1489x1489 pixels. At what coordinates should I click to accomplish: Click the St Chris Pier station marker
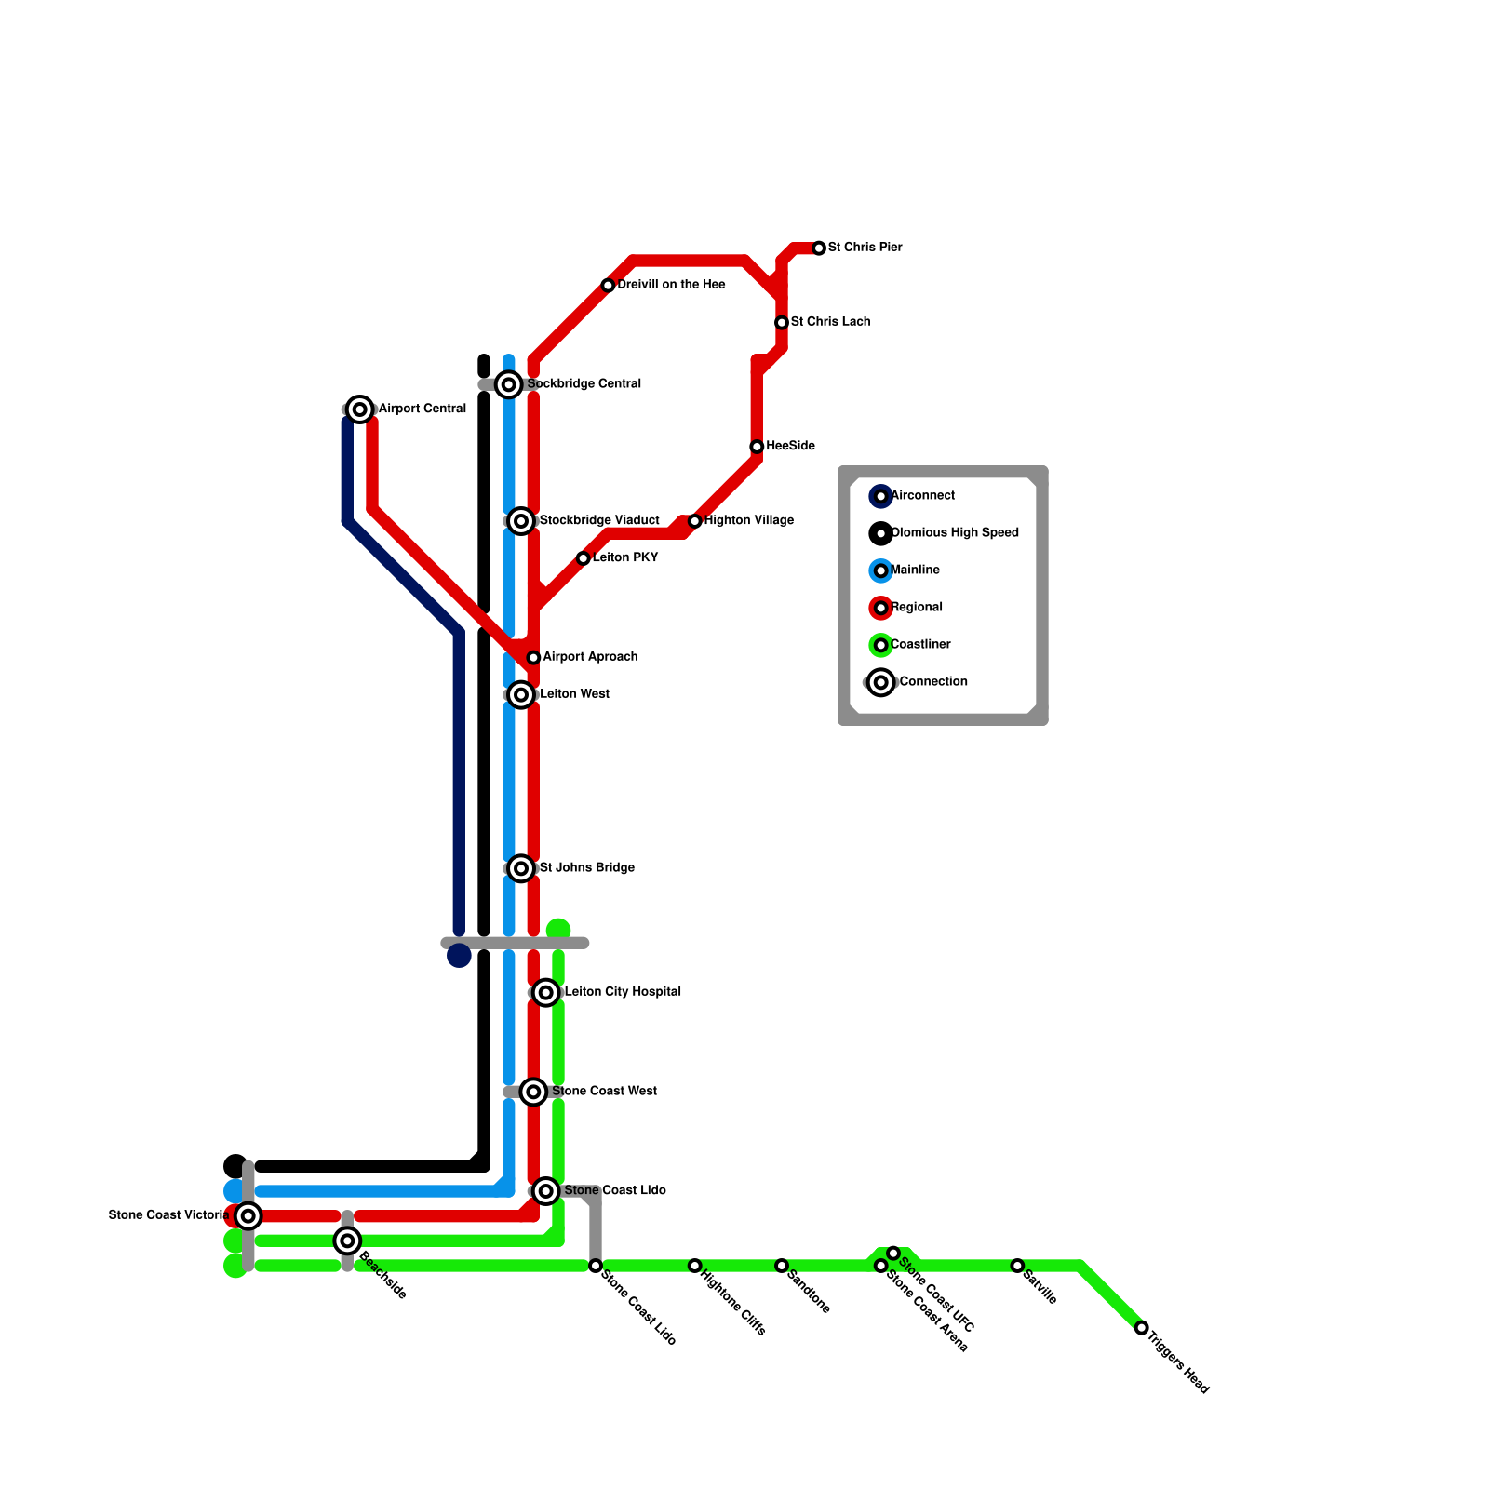pyautogui.click(x=819, y=248)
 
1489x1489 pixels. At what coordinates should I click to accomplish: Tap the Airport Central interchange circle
pyautogui.click(x=360, y=409)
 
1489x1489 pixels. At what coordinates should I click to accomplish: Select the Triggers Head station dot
pyautogui.click(x=1142, y=1328)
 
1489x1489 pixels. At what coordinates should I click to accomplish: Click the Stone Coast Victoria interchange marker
pyautogui.click(x=248, y=1215)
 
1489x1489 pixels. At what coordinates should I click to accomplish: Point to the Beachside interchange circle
pyautogui.click(x=347, y=1241)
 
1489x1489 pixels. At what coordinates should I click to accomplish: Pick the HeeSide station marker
pyautogui.click(x=758, y=447)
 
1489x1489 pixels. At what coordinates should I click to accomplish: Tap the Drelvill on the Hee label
pyautogui.click(x=671, y=285)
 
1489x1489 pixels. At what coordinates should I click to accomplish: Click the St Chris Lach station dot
pyautogui.click(x=782, y=323)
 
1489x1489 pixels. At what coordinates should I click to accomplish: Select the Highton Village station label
pyautogui.click(x=748, y=521)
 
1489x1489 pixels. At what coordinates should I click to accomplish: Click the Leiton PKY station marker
pyautogui.click(x=584, y=558)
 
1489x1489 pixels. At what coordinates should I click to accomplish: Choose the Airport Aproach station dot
pyautogui.click(x=533, y=658)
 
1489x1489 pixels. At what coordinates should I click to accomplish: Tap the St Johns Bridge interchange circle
pyautogui.click(x=522, y=868)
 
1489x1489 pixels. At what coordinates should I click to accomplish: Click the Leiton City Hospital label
pyautogui.click(x=623, y=992)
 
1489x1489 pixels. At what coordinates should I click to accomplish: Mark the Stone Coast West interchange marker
pyautogui.click(x=533, y=1092)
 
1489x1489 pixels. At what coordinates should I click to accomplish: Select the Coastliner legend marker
pyautogui.click(x=881, y=645)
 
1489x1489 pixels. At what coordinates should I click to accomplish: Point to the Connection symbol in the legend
pyautogui.click(x=881, y=682)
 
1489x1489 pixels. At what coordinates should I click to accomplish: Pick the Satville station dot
pyautogui.click(x=1017, y=1266)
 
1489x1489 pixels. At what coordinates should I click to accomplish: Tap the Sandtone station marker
pyautogui.click(x=782, y=1266)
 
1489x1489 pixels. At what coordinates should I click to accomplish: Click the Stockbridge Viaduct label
pyautogui.click(x=599, y=521)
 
